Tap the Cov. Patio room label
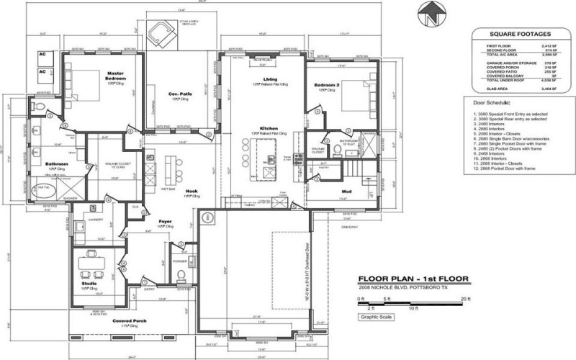pyautogui.click(x=179, y=94)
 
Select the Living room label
pyautogui.click(x=270, y=78)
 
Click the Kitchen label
pyautogui.click(x=269, y=127)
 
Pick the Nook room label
pyautogui.click(x=171, y=191)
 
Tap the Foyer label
pyautogui.click(x=164, y=222)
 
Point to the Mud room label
pyautogui.click(x=346, y=191)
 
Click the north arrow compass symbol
pyautogui.click(x=430, y=14)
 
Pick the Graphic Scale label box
pyautogui.click(x=377, y=316)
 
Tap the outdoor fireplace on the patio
pyautogui.click(x=159, y=31)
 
